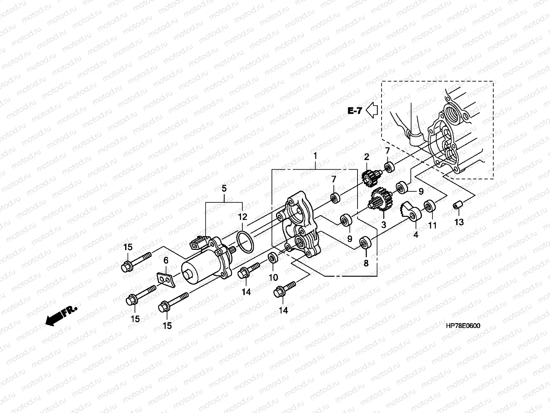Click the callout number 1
(x=315, y=156)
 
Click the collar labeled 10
(x=274, y=257)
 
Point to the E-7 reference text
(x=355, y=111)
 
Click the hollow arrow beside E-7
(x=372, y=110)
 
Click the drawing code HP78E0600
(x=463, y=326)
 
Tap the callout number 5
(x=224, y=188)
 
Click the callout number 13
(x=459, y=222)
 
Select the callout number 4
(x=416, y=235)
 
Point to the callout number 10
(x=273, y=277)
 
